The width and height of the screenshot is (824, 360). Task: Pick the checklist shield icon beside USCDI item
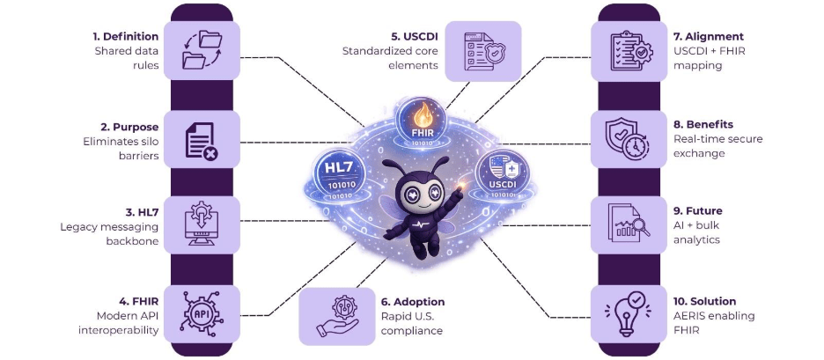pos(482,50)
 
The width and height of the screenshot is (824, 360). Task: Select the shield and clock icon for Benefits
pos(627,139)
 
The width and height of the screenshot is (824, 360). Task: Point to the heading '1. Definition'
pos(126,37)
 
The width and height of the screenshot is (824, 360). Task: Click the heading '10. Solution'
pos(704,301)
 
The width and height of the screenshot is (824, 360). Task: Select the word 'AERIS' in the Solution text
pos(691,316)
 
